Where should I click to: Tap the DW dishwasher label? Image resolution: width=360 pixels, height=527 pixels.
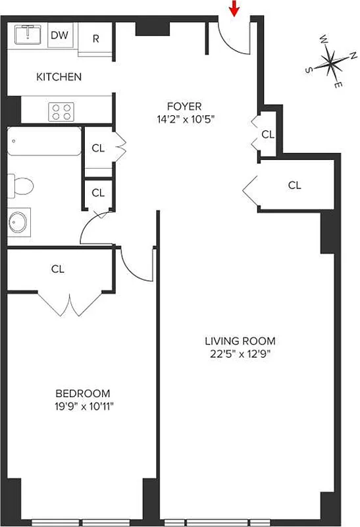(x=59, y=36)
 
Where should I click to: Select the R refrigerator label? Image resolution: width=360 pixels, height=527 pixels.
(x=95, y=38)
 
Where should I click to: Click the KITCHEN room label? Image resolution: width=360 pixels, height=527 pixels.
(x=59, y=77)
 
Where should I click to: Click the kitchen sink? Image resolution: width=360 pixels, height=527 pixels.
(x=28, y=34)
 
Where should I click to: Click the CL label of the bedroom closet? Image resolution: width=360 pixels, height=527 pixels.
(x=58, y=269)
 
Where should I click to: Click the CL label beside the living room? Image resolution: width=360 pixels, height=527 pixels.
(x=294, y=185)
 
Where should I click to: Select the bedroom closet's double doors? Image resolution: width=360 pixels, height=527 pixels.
(x=68, y=304)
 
